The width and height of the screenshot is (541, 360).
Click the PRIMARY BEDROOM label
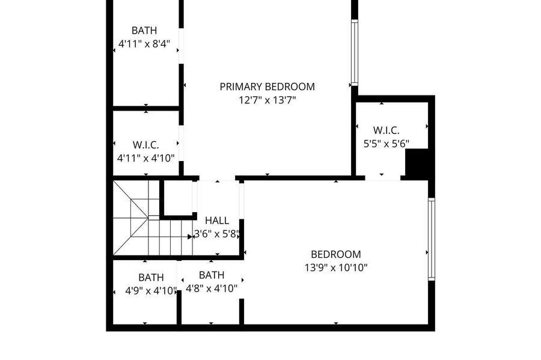tap(267, 87)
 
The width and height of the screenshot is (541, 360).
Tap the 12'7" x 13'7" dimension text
tap(267, 100)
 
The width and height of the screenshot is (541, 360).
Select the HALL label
tap(217, 221)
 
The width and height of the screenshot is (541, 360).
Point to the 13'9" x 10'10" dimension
tap(335, 267)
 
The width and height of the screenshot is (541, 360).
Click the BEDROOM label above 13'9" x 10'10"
tap(335, 254)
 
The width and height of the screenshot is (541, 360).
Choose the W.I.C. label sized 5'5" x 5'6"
tap(386, 130)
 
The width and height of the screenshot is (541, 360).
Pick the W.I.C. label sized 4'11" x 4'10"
tap(145, 144)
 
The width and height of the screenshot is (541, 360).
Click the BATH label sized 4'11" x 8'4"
tap(144, 30)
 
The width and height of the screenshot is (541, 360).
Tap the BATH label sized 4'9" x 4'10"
tap(151, 277)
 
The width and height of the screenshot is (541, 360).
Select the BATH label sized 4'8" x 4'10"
tap(212, 275)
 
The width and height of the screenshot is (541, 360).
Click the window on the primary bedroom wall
tap(354, 53)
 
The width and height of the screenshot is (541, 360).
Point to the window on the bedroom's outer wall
tap(431, 239)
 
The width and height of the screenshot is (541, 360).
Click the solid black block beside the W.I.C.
tap(417, 164)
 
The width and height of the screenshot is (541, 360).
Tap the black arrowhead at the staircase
tap(190, 237)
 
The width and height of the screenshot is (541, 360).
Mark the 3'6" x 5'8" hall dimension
tap(216, 234)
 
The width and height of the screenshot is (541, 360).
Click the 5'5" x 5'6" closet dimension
tap(387, 144)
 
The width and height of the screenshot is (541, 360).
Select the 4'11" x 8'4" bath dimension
tap(144, 44)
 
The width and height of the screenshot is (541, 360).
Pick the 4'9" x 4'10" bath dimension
tap(151, 291)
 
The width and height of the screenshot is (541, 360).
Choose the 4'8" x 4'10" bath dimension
tap(212, 288)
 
